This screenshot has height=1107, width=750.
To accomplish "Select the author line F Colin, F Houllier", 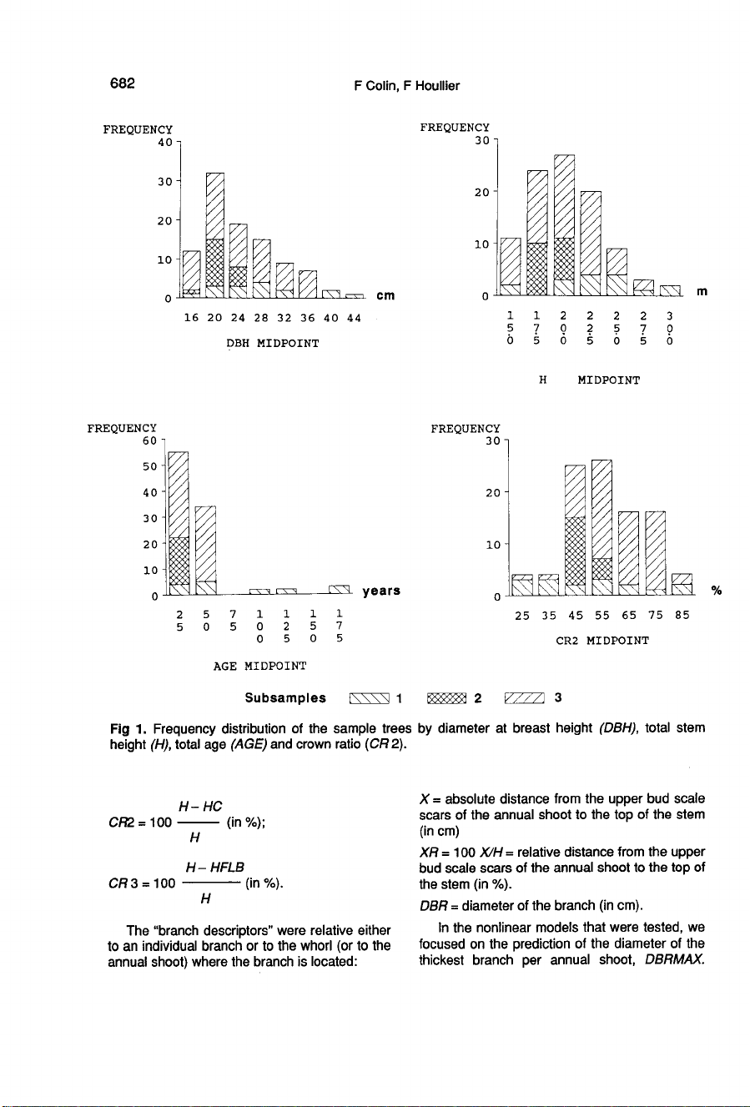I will coord(405,85).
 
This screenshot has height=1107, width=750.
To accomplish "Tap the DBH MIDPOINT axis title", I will coord(272,343).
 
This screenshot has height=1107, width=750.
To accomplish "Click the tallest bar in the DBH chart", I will coord(215,234).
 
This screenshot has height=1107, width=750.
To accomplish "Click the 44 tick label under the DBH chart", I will coord(353,318).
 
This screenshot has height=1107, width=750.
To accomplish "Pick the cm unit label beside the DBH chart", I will coord(385,295).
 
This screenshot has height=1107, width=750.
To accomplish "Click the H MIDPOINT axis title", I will coord(590,380).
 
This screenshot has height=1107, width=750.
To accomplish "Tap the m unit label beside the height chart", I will coord(702,291).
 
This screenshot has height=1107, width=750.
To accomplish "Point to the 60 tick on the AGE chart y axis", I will coord(150,440).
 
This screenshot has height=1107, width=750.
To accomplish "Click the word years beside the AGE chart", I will coord(381,591).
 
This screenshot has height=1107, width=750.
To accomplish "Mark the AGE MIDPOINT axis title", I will coord(259,666).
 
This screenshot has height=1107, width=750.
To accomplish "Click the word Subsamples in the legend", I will coord(285,697).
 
